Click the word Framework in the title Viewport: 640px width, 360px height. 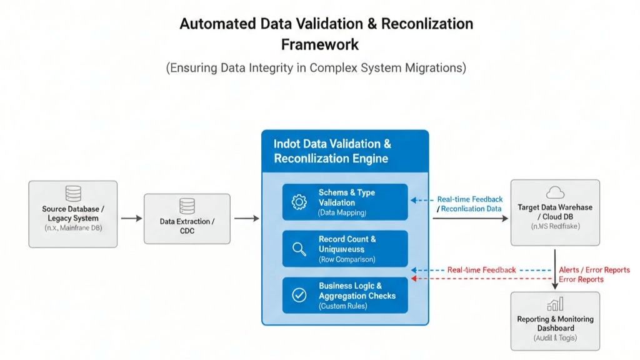[x=320, y=44]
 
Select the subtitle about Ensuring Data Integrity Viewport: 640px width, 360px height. [x=316, y=68]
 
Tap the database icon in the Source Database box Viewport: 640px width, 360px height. [x=72, y=193]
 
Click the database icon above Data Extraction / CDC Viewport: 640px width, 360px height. [x=187, y=206]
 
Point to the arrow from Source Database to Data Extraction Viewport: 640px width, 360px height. [x=131, y=218]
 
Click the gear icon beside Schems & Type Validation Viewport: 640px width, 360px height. [x=299, y=202]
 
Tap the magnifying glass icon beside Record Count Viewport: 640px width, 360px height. [x=299, y=249]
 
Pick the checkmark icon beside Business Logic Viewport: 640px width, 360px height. [x=299, y=295]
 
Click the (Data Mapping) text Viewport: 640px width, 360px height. [x=342, y=212]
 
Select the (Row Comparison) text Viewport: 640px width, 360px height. [x=347, y=259]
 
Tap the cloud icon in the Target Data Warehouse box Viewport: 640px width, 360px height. [x=554, y=192]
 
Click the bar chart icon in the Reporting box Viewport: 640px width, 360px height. [x=554, y=304]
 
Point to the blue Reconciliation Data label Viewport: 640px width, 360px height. [x=471, y=209]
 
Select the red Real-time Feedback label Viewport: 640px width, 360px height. [x=481, y=270]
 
